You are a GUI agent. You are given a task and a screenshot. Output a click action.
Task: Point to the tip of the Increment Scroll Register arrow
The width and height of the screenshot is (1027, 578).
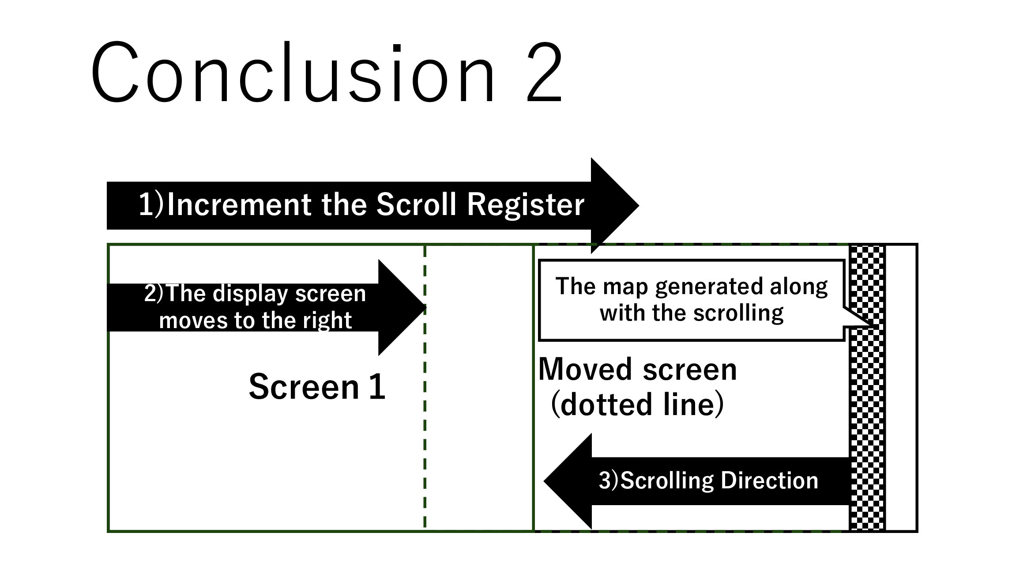[x=639, y=205]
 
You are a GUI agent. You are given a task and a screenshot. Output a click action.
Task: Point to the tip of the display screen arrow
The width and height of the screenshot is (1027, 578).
[x=426, y=307]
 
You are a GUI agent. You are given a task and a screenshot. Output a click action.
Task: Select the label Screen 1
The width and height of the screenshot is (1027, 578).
[x=317, y=387]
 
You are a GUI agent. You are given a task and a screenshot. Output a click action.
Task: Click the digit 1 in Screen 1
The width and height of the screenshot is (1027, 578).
[x=377, y=387]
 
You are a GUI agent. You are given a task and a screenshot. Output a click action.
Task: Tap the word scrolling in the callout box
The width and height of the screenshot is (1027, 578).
[x=738, y=314]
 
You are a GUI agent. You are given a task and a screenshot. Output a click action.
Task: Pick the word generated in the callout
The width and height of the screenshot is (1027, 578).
[x=710, y=287]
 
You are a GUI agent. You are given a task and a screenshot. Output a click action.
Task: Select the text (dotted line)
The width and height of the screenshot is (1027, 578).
[x=637, y=404]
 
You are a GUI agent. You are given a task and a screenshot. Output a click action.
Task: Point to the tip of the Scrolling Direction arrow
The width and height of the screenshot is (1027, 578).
[x=544, y=481]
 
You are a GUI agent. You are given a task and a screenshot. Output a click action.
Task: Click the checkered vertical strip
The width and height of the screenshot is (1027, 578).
[x=867, y=388]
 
